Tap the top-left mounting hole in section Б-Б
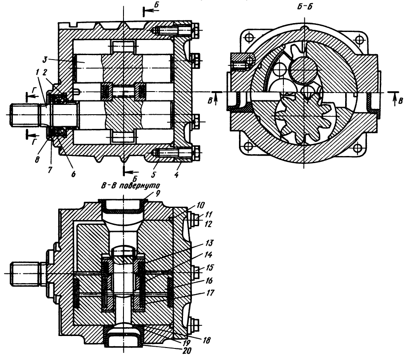[249, 35]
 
